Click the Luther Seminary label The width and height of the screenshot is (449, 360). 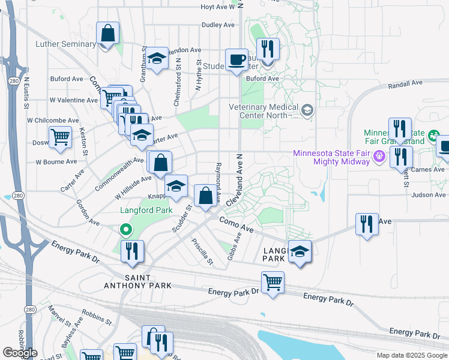[65, 44]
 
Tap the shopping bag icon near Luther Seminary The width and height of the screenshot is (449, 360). [108, 34]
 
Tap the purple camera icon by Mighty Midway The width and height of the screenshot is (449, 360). [379, 157]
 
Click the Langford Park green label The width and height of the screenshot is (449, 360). [146, 210]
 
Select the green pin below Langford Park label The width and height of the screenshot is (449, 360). [125, 229]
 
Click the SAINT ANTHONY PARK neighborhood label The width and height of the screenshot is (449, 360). [148, 281]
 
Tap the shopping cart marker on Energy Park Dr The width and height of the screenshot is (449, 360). [273, 282]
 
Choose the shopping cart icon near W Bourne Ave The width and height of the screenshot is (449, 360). [60, 137]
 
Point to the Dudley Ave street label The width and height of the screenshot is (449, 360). [217, 25]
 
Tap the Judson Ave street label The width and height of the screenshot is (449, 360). [429, 194]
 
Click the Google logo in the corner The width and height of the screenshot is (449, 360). [20, 353]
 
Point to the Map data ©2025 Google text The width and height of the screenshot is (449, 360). [411, 355]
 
